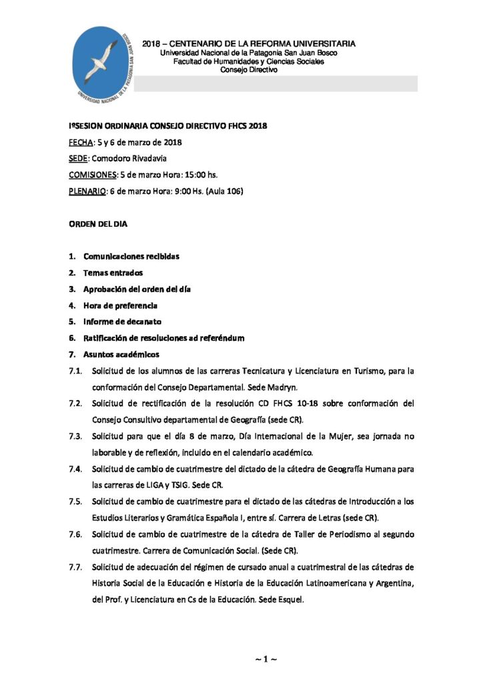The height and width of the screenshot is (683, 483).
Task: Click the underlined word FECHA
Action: coord(81,142)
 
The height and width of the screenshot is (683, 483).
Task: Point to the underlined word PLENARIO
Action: coord(87,191)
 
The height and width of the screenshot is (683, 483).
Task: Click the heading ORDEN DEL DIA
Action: coord(98,224)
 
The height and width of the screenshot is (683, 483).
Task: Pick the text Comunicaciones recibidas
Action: coord(131,256)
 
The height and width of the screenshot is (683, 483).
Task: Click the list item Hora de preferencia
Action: coord(120,305)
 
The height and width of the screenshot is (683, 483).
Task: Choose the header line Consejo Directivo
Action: coord(248,69)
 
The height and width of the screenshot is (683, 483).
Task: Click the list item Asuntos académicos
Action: coord(121,354)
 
